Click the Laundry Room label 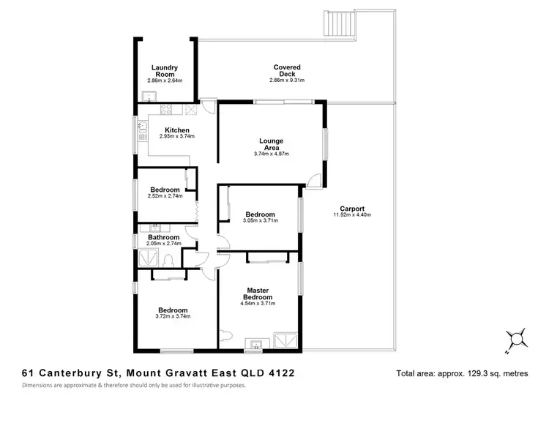pos(165,71)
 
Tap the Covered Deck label pos(287,70)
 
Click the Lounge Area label pos(272,144)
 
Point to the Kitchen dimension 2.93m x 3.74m pos(177,137)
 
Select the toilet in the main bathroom pos(169,258)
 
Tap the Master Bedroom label pos(259,293)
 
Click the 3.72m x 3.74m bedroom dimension pos(173,316)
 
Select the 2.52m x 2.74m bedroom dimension pos(165,195)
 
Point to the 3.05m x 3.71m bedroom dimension pos(261,220)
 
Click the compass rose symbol pos(518,337)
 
